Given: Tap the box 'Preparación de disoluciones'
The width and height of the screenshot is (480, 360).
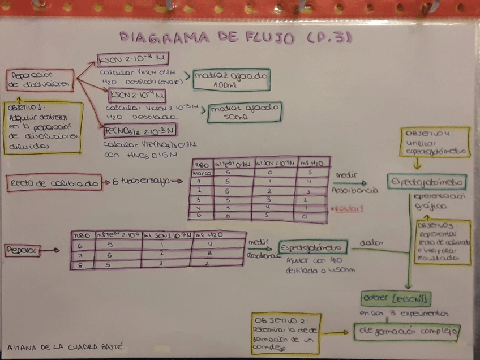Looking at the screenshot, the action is pyautogui.click(x=40, y=80).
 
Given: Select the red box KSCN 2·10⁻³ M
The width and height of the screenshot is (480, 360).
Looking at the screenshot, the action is pyautogui.click(x=132, y=59).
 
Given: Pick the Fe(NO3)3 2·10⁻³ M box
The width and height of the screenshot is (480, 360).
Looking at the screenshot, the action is pyautogui.click(x=140, y=131).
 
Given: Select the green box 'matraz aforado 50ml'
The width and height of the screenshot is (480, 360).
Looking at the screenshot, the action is pyautogui.click(x=244, y=112).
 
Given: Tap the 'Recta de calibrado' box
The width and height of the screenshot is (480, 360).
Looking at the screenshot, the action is pyautogui.click(x=54, y=182).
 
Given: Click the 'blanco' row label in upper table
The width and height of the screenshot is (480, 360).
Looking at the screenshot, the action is pyautogui.click(x=202, y=172).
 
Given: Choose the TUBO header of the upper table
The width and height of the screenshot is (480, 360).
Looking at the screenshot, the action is pyautogui.click(x=202, y=164).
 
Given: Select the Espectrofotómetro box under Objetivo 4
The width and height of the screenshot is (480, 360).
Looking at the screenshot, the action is pyautogui.click(x=427, y=182).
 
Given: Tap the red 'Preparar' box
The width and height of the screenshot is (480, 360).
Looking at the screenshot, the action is pyautogui.click(x=22, y=250).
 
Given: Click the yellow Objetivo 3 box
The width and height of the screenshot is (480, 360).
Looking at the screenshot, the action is pyautogui.click(x=442, y=242).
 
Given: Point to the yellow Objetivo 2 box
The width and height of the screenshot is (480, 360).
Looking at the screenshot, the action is pyautogui.click(x=285, y=333).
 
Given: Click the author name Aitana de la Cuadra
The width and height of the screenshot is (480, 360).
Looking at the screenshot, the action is pyautogui.click(x=64, y=346).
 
